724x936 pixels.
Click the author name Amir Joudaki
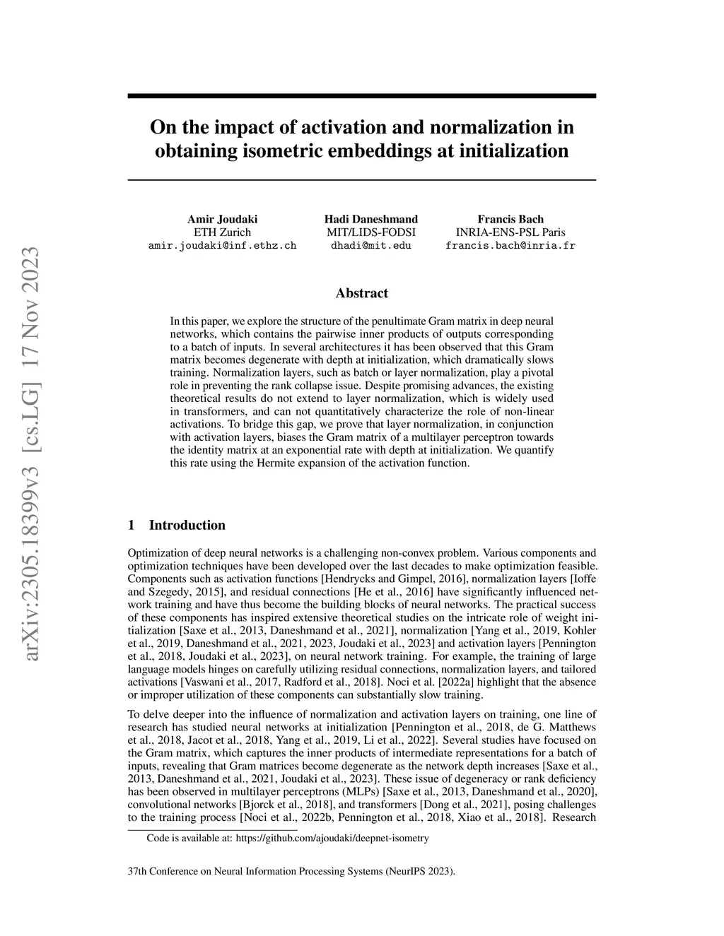[222, 219]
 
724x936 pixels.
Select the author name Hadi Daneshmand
[370, 219]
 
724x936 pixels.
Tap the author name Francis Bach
[510, 219]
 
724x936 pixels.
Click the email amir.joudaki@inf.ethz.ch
[222, 246]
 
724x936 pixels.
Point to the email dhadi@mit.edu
[370, 246]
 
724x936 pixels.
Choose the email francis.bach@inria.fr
[510, 246]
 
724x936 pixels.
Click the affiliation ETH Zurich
[222, 232]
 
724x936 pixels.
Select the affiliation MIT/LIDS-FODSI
[370, 232]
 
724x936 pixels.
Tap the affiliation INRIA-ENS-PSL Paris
[510, 232]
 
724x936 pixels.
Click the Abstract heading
[361, 293]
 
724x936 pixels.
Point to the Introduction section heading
[187, 525]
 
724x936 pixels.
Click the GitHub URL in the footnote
[332, 839]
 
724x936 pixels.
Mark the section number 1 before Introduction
[132, 525]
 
